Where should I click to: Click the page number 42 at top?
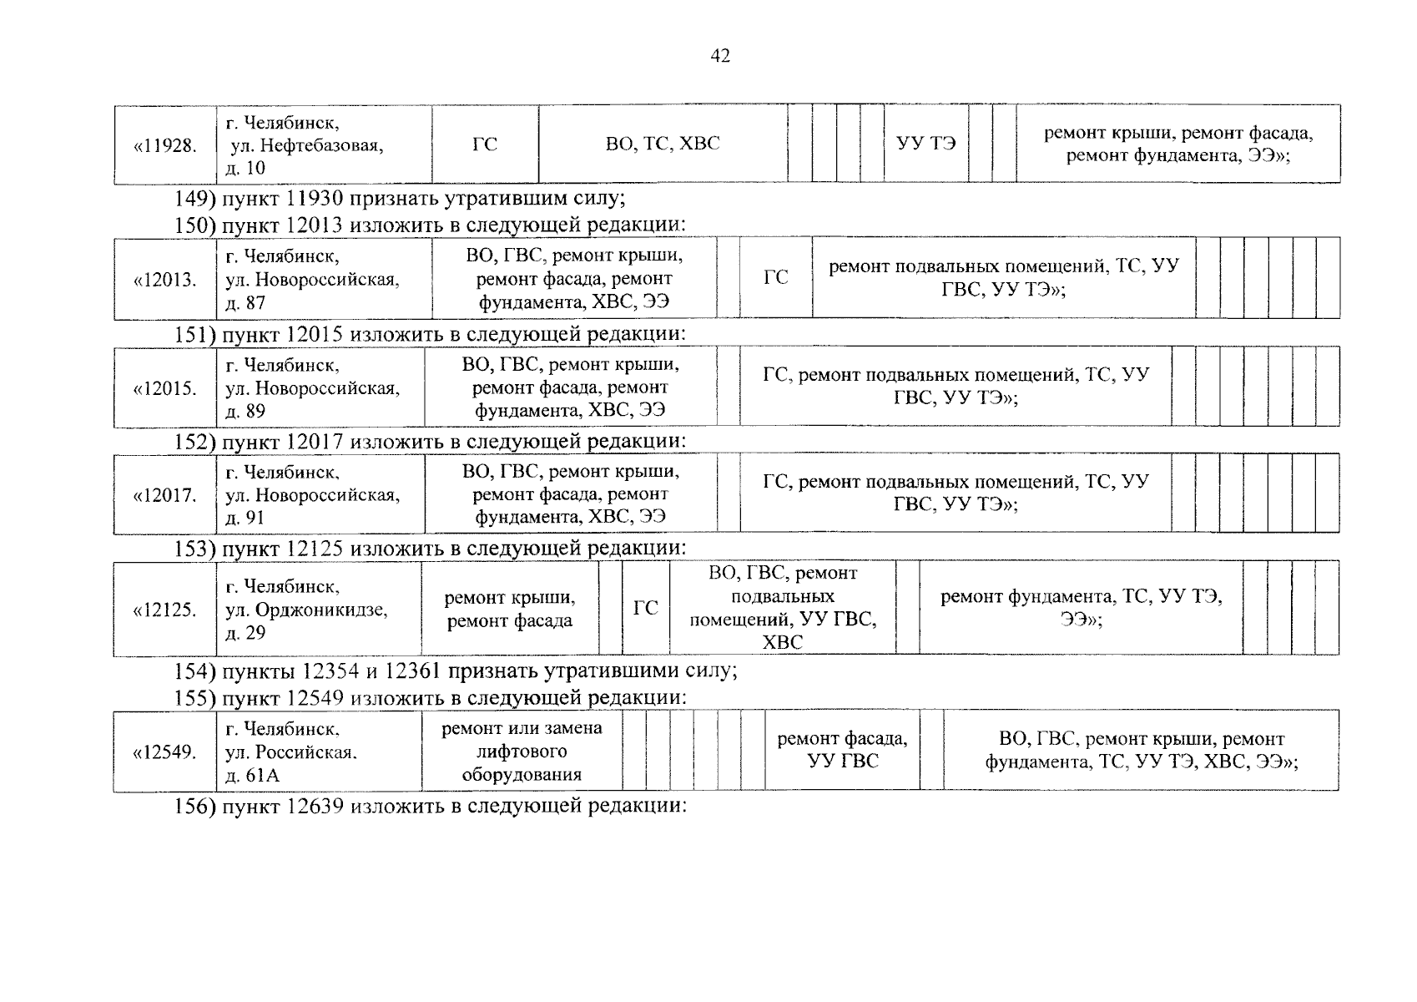[720, 56]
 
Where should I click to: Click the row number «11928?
[165, 145]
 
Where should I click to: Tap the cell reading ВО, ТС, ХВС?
[663, 144]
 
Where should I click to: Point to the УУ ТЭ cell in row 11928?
[926, 144]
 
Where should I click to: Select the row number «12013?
[165, 280]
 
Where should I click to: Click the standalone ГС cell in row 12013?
[776, 277]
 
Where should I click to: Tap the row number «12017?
[165, 495]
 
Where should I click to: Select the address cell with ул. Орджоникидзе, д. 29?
[307, 610]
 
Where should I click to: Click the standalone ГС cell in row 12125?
[646, 608]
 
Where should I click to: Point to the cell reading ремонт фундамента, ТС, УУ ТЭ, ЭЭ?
[1081, 609]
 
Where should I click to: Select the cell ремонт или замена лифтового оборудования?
[522, 751]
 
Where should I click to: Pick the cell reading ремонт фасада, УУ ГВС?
[842, 750]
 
